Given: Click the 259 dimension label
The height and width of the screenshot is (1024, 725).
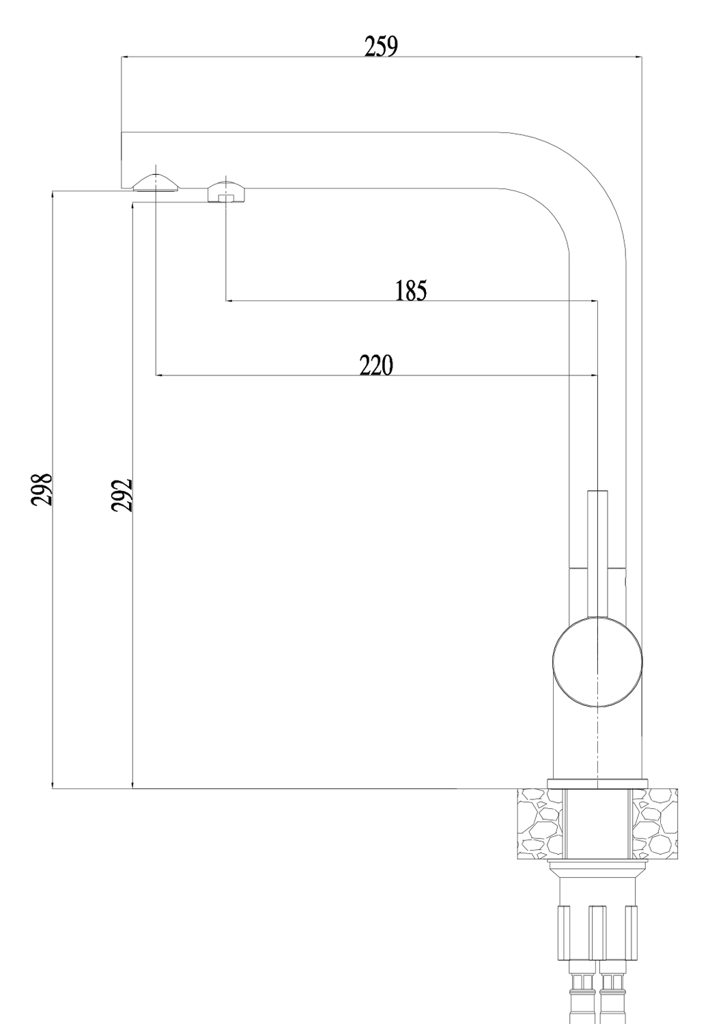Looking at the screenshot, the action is click(381, 46).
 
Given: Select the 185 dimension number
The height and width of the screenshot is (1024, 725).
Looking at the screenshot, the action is click(410, 290).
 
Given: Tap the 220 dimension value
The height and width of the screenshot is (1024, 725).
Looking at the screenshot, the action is click(375, 365).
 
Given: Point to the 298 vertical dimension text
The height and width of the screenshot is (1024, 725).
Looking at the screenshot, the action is click(42, 489).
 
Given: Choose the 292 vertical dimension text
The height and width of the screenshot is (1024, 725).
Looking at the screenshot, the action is click(122, 495).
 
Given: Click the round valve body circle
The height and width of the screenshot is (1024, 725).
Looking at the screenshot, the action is click(597, 661).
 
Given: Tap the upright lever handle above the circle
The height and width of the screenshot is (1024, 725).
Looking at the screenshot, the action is click(597, 554).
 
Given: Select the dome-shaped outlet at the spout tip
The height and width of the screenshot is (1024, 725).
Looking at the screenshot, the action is click(156, 183).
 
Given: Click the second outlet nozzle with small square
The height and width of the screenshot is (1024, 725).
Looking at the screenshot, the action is click(226, 192).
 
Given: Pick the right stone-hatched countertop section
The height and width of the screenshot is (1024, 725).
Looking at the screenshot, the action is click(654, 824).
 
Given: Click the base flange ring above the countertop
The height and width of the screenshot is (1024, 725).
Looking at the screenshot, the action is click(597, 784).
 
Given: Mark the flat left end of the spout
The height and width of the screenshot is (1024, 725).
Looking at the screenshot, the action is click(121, 160).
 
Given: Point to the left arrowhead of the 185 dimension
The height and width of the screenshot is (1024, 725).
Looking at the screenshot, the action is click(230, 301).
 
